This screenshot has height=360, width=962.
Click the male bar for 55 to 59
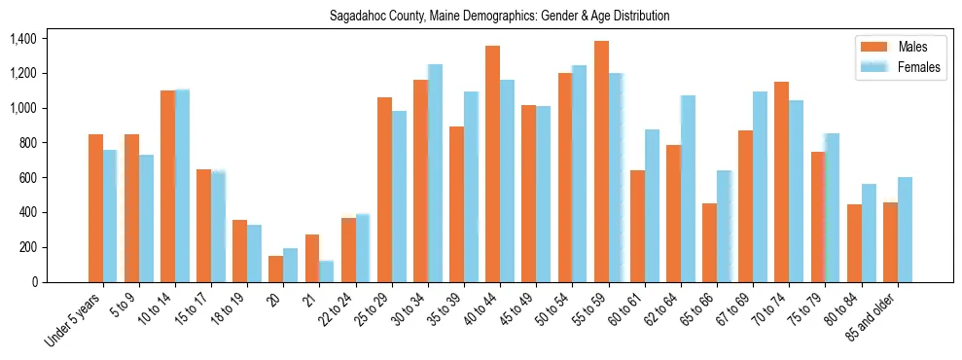[x=601, y=162]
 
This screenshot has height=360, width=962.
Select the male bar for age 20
[x=275, y=269]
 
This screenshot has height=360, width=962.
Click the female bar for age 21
[x=326, y=271]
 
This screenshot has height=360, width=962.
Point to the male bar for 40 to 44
[x=492, y=163]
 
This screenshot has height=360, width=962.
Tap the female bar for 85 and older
[x=905, y=230]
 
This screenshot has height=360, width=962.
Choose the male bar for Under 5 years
[x=95, y=208]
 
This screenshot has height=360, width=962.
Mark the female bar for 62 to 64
[x=688, y=189]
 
